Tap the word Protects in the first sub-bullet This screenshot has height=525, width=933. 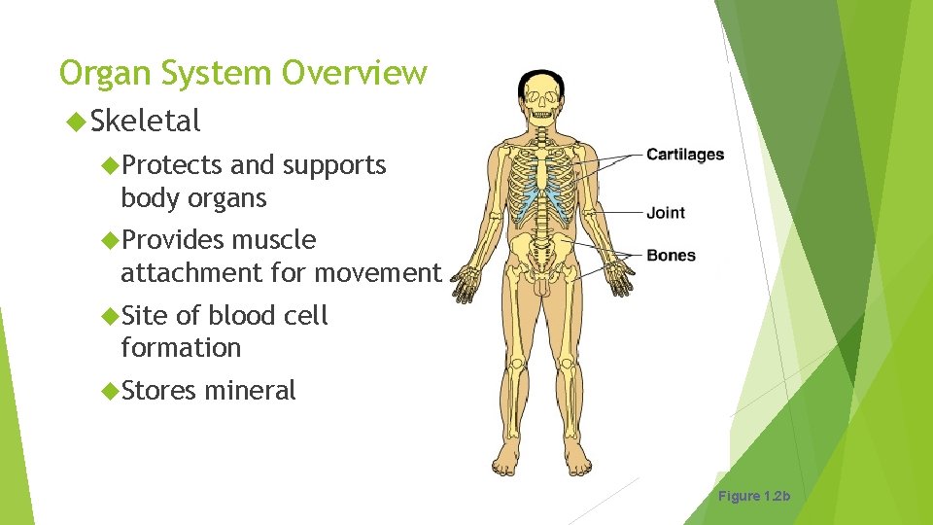[x=171, y=165]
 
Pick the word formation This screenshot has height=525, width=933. [x=180, y=348]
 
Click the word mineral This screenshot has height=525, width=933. [x=250, y=391]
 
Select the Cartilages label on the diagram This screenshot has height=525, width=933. [x=685, y=154]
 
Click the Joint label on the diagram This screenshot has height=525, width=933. [x=666, y=213]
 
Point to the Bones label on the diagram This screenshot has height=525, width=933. [x=671, y=256]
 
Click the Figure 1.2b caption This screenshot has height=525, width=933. [x=754, y=497]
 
